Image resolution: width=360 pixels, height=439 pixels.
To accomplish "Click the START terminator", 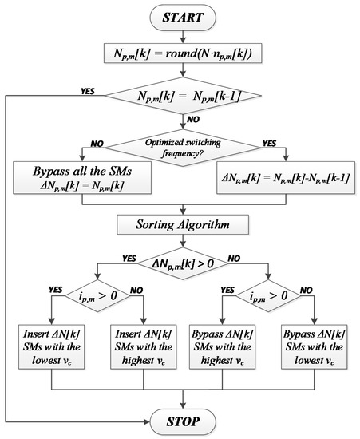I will click(x=184, y=17).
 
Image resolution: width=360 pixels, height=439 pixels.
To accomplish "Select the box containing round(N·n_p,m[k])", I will click(x=184, y=54).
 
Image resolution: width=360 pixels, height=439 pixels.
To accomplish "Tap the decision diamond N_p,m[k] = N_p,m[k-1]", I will click(x=184, y=97).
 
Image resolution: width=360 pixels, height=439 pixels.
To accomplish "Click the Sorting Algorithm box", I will click(x=184, y=226).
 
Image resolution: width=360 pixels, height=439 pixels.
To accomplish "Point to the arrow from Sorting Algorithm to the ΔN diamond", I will click(x=184, y=242).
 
